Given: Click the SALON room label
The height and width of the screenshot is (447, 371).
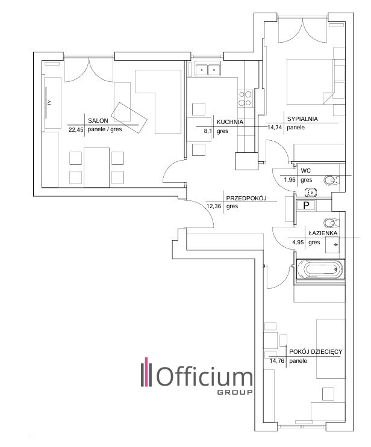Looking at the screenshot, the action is tap(98, 120).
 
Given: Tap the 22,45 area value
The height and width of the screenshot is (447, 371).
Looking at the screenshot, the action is tap(76, 130).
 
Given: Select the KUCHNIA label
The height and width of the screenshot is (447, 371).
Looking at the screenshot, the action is tap(230, 122).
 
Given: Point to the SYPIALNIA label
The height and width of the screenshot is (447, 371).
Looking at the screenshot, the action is tap(302, 119).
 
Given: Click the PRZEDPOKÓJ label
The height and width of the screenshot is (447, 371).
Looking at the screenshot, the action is tap(246, 198).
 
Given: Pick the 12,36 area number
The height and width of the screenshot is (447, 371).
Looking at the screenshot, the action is tap(214, 206).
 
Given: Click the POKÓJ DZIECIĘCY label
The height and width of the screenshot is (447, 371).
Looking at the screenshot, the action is tap(316, 352).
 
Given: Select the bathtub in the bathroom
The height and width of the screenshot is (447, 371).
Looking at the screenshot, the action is tap(320, 270).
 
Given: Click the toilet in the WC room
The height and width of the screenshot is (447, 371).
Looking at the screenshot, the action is tap(332, 180).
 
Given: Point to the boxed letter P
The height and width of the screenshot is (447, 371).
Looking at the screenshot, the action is tap(306, 205).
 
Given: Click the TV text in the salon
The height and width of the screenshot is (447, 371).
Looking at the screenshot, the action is tap(49, 103).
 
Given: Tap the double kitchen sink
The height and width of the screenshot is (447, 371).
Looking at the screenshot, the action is tap(208, 69).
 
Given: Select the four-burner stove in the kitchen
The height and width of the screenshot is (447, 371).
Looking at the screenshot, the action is tap(245, 99).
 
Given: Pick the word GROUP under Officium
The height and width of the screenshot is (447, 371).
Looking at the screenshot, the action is tap(235, 392).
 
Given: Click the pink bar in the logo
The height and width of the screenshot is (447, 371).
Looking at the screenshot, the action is tap(147, 372).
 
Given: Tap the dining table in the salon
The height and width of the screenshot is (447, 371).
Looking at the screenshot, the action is tap(97, 167).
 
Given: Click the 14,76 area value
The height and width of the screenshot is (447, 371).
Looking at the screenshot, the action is tap(277, 360).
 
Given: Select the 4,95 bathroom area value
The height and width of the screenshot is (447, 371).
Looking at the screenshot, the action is tap(298, 242).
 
